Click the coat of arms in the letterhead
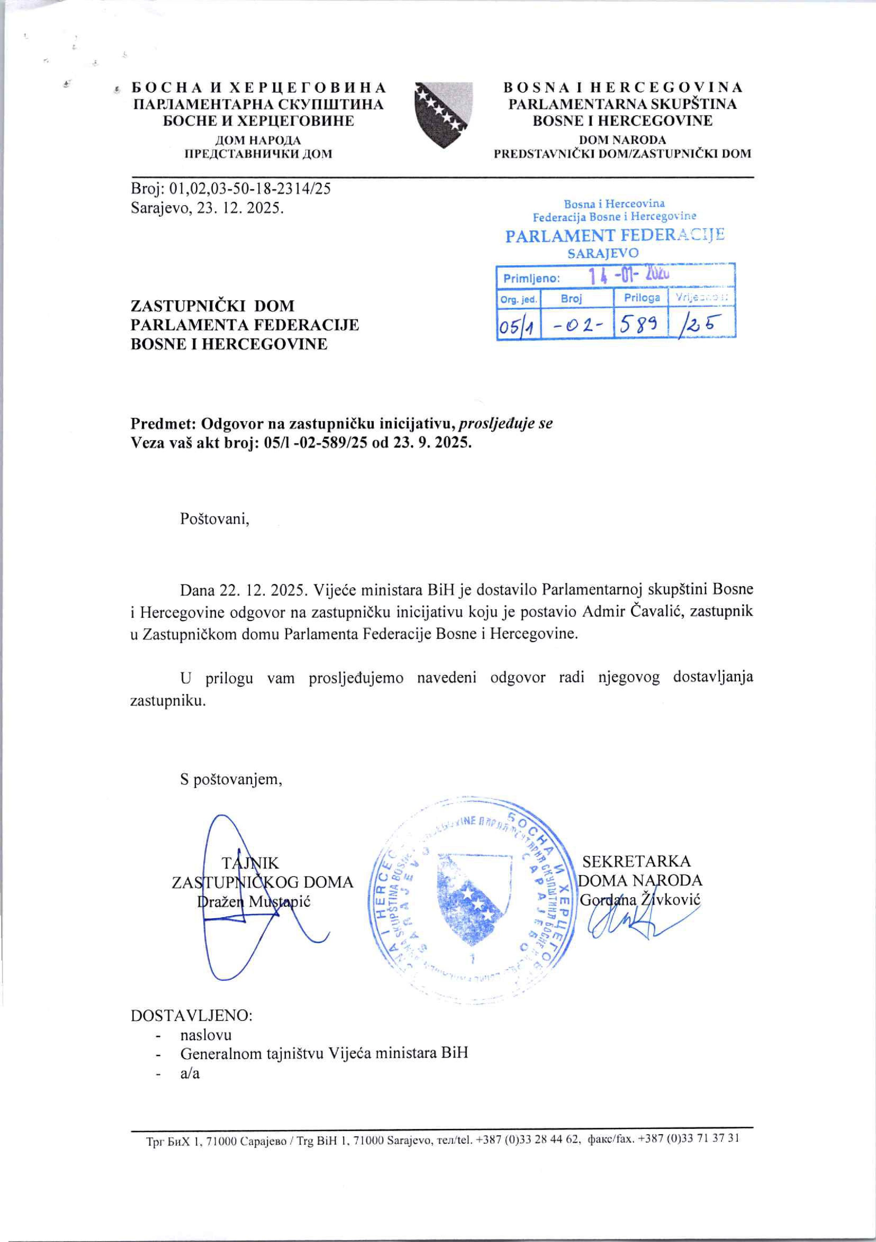point(443,115)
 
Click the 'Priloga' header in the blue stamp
point(642,297)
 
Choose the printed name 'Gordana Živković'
point(640,899)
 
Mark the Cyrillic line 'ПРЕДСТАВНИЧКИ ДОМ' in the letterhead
point(259,154)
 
